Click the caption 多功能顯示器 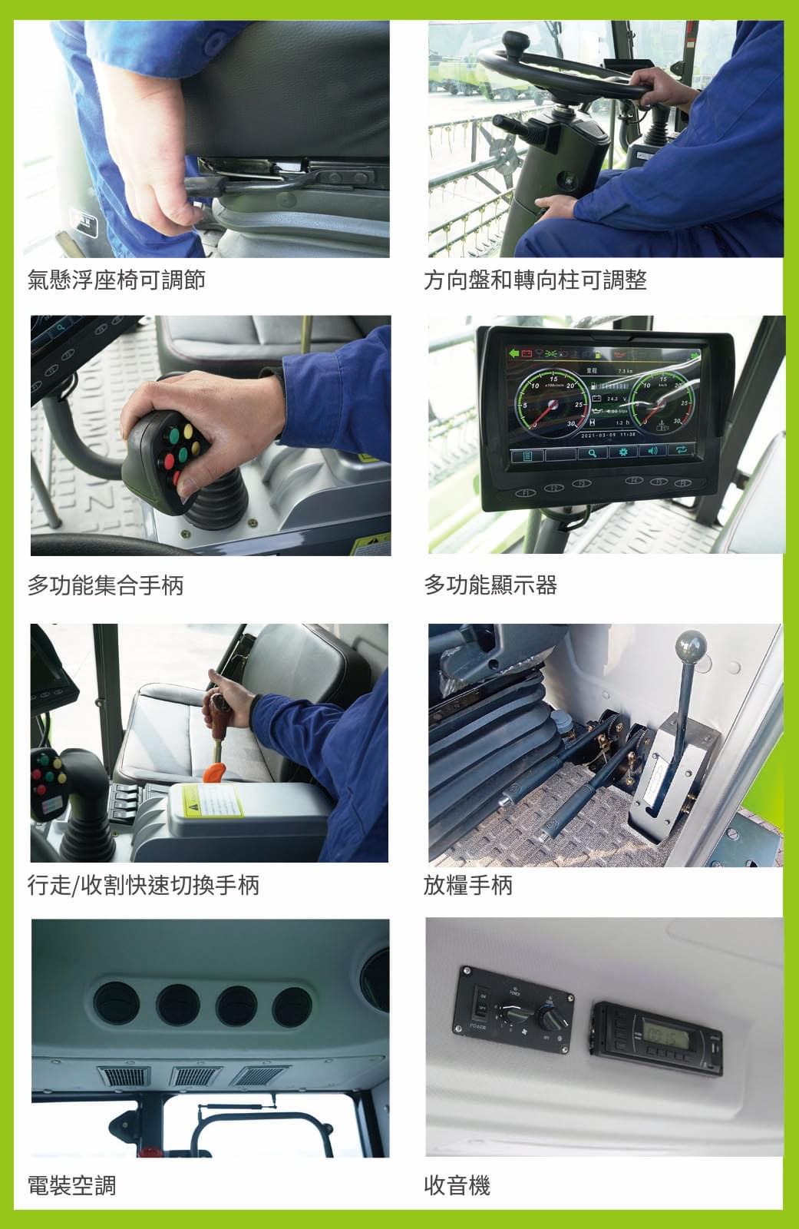point(490,586)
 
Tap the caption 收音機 point(457,1185)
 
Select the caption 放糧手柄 point(467,886)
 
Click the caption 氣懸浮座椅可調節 point(117,280)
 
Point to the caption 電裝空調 point(72,1185)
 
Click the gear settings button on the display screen point(623,452)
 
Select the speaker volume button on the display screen point(652,452)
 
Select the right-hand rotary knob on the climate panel point(550,1018)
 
